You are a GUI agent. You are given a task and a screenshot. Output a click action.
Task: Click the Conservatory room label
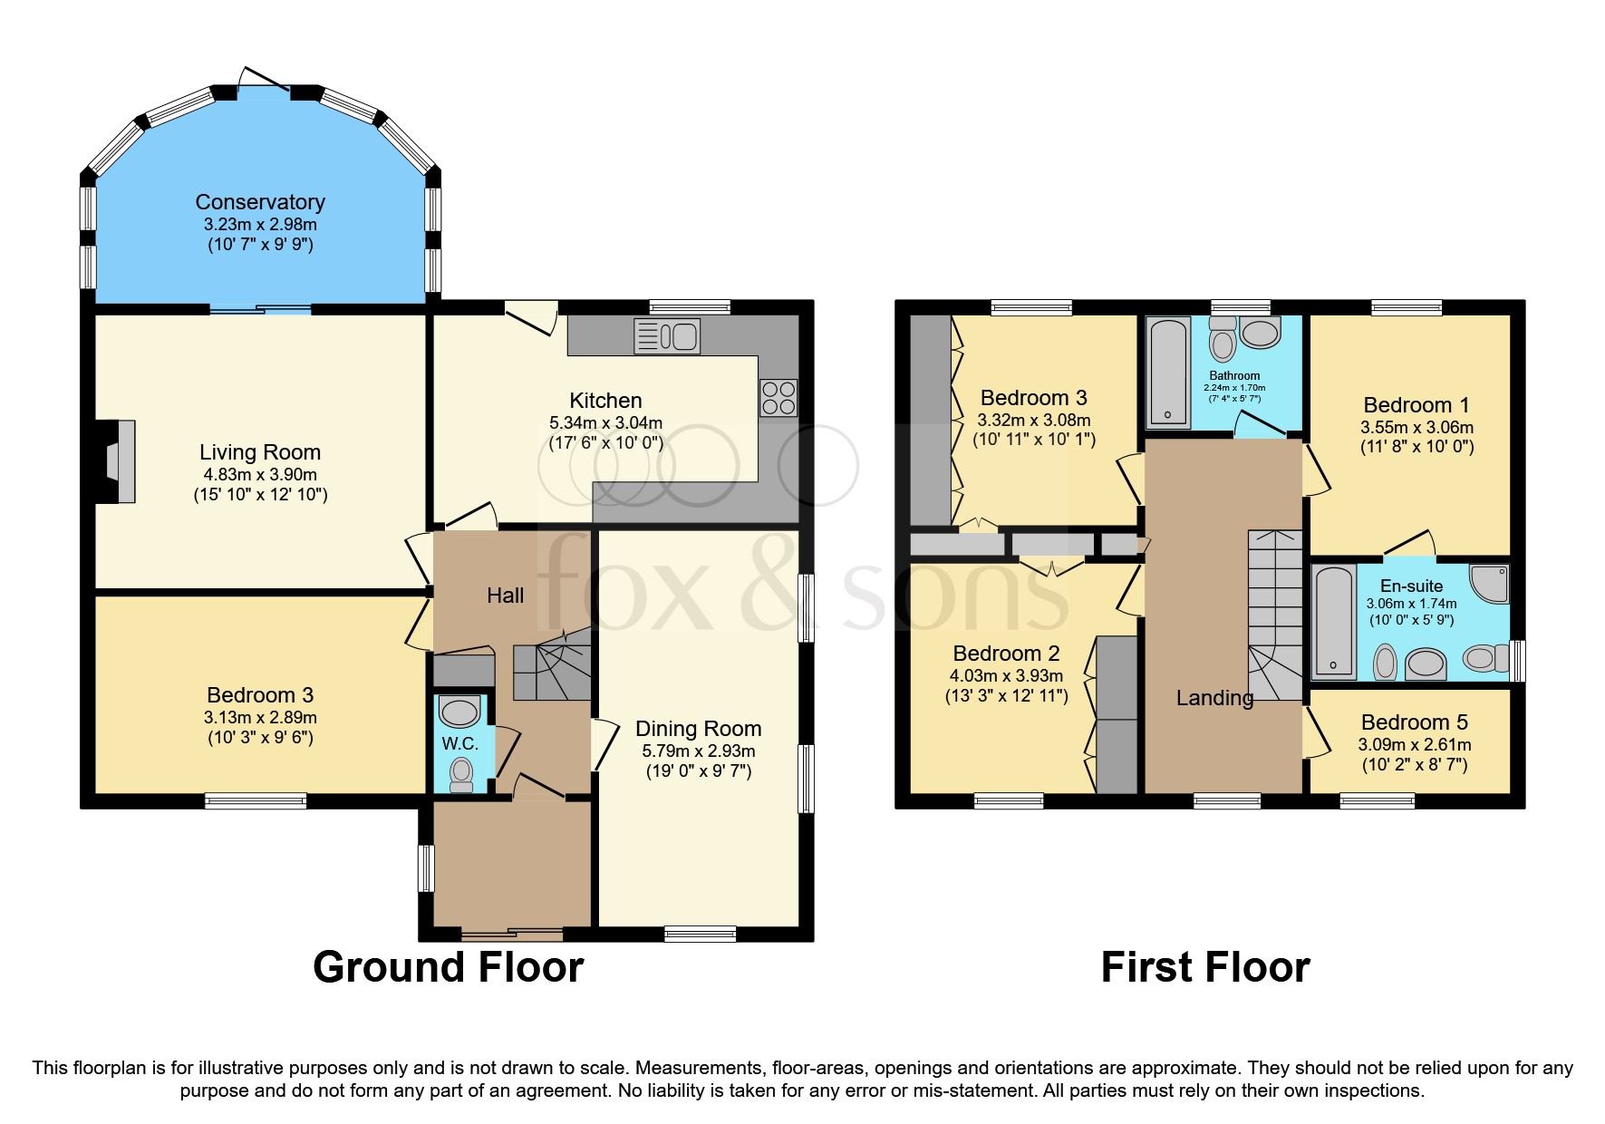pyautogui.click(x=260, y=202)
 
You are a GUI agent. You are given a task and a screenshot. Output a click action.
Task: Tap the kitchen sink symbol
pyautogui.click(x=668, y=336)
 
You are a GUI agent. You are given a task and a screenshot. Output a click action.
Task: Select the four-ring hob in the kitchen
pyautogui.click(x=778, y=397)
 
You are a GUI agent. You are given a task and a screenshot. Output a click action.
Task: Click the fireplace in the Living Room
pyautogui.click(x=119, y=460)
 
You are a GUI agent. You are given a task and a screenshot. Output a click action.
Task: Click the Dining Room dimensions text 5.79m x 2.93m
pyautogui.click(x=698, y=751)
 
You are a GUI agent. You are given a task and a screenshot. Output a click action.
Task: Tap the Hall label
pyautogui.click(x=505, y=596)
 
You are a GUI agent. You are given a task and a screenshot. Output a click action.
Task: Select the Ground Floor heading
pyautogui.click(x=448, y=967)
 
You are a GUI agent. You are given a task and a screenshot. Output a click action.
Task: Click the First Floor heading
pyautogui.click(x=1204, y=967)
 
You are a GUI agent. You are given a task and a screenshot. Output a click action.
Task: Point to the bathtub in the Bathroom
pyautogui.click(x=1168, y=372)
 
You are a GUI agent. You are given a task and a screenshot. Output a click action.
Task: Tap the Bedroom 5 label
pyautogui.click(x=1414, y=722)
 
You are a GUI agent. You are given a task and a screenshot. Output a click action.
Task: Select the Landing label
pyautogui.click(x=1214, y=697)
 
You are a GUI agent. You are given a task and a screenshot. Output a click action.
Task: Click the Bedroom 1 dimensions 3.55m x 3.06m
pyautogui.click(x=1416, y=427)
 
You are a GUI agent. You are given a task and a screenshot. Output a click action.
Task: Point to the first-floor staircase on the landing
pyautogui.click(x=1274, y=616)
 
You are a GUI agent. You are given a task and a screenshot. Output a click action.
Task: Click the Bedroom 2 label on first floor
pyautogui.click(x=1006, y=654)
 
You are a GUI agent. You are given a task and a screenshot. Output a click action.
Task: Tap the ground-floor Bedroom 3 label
pyautogui.click(x=260, y=695)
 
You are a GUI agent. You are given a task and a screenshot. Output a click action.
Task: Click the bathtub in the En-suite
pyautogui.click(x=1333, y=622)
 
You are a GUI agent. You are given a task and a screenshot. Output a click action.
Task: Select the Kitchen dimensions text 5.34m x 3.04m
pyautogui.click(x=605, y=422)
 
